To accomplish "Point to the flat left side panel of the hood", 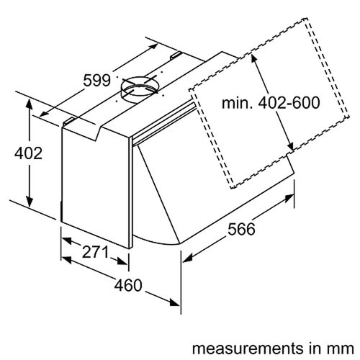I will pyautogui.click(x=94, y=180).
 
